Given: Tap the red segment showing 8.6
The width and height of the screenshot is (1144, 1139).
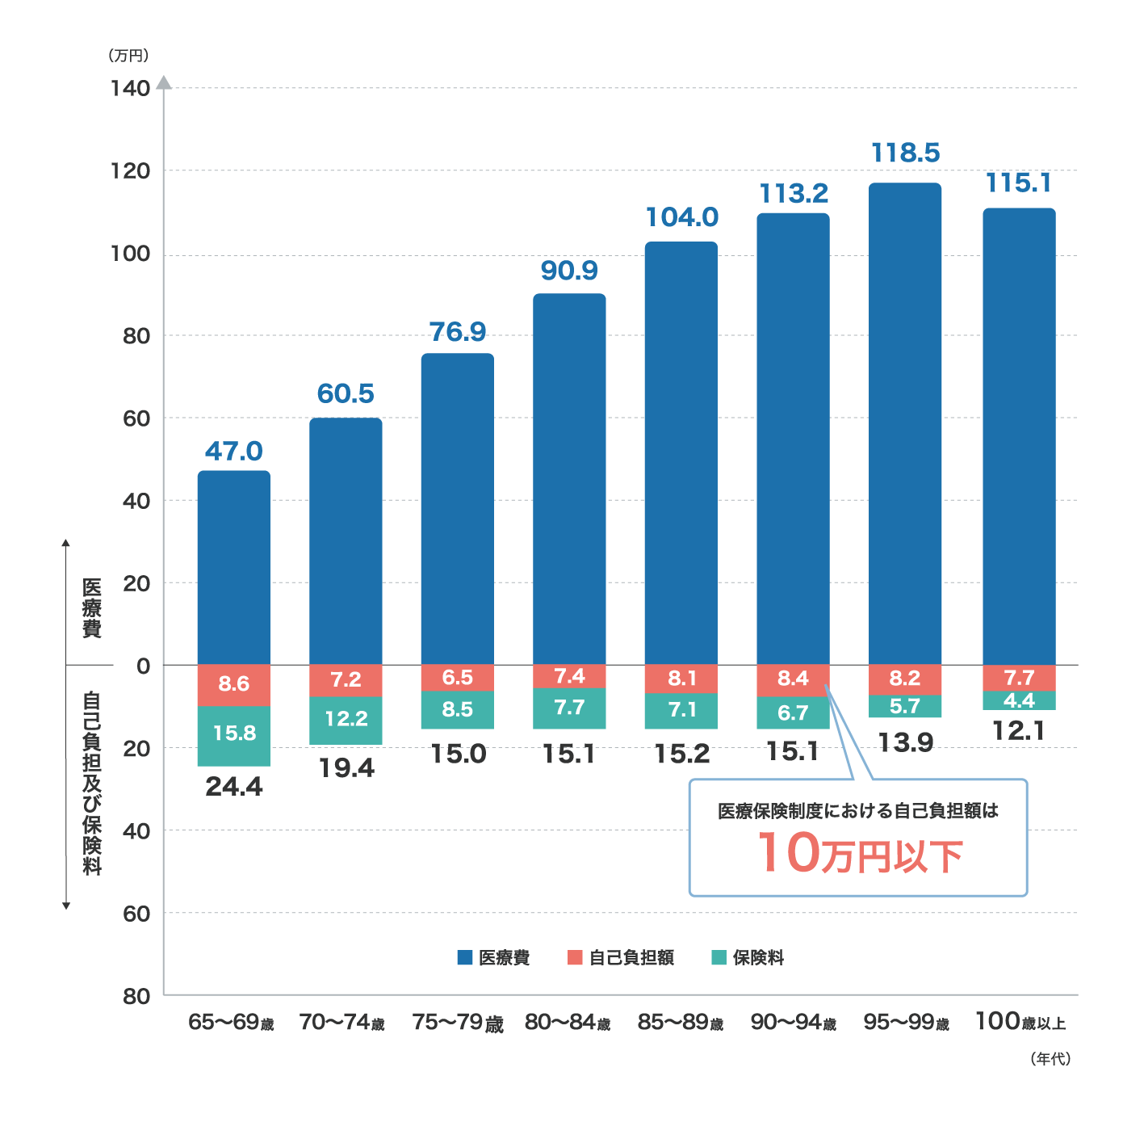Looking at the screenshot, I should pyautogui.click(x=234, y=684).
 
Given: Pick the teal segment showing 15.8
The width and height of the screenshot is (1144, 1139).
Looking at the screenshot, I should pyautogui.click(x=234, y=734).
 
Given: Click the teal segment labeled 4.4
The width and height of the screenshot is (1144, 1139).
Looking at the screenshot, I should pyautogui.click(x=1019, y=700).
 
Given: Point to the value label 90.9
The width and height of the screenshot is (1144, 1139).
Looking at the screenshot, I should pyautogui.click(x=569, y=271).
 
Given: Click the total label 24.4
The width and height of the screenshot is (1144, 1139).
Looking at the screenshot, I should pyautogui.click(x=234, y=786).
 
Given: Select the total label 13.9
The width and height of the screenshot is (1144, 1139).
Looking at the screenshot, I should pyautogui.click(x=905, y=742).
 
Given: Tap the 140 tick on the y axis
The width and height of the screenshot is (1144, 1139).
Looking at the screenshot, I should pyautogui.click(x=131, y=88).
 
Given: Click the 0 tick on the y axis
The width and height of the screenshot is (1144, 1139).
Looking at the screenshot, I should pyautogui.click(x=144, y=666).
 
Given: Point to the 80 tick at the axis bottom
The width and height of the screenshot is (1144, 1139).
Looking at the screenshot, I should pyautogui.click(x=136, y=996).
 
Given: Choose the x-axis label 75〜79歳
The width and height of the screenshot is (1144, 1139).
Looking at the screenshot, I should pyautogui.click(x=458, y=1023).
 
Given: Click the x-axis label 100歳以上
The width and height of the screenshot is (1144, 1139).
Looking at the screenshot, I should pyautogui.click(x=1020, y=1022).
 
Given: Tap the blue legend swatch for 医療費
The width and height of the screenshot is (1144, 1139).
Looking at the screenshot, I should pyautogui.click(x=465, y=957).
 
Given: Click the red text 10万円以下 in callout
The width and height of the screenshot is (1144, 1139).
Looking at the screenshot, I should pyautogui.click(x=859, y=854).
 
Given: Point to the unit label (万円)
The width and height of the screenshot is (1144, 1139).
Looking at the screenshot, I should pyautogui.click(x=128, y=56).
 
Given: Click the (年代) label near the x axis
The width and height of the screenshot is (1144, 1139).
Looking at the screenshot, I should pyautogui.click(x=1050, y=1058).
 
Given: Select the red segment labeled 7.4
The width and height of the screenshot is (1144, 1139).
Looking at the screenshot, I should pyautogui.click(x=569, y=676).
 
